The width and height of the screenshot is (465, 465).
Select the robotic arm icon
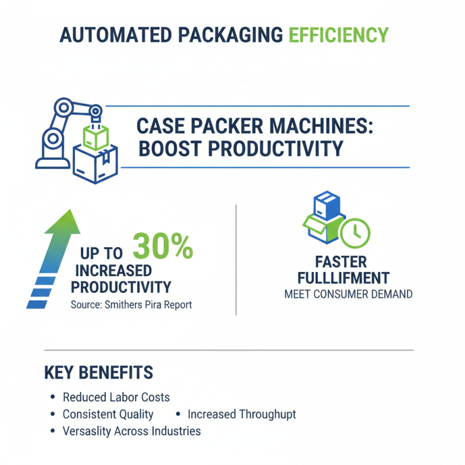58,131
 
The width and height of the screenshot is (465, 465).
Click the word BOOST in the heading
169,148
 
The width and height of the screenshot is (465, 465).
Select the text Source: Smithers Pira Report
131,305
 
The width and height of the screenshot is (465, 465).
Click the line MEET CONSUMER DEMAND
348,294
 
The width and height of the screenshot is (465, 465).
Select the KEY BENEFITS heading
98,373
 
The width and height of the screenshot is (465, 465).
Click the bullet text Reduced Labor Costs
116,398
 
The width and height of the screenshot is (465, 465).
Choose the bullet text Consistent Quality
108,414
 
